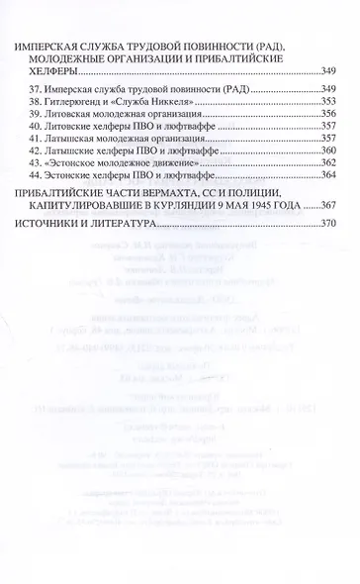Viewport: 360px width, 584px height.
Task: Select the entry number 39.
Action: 30,115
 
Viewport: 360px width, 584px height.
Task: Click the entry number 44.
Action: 30,177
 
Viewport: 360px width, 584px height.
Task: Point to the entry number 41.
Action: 30,140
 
